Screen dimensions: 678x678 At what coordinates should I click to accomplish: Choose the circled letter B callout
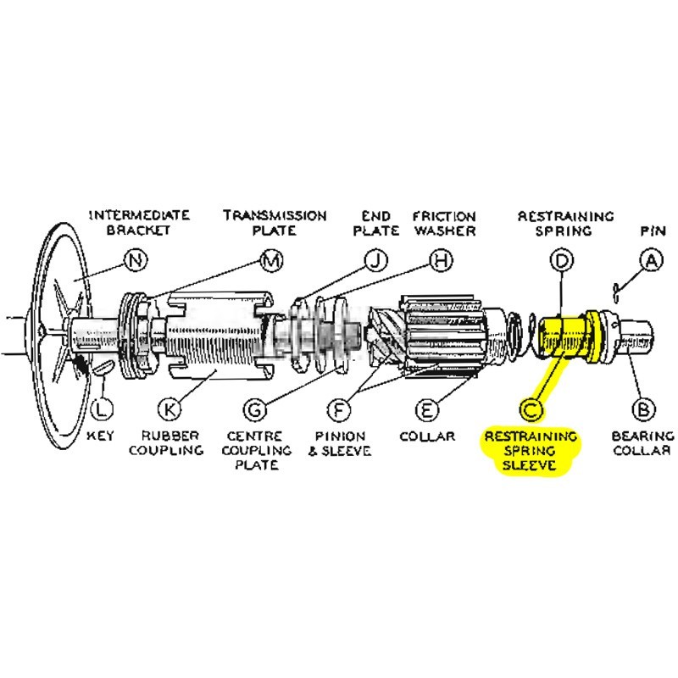[x=644, y=409]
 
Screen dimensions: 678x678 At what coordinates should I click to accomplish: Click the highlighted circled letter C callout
[x=531, y=409]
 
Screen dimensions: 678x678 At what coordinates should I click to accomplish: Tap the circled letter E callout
[x=426, y=409]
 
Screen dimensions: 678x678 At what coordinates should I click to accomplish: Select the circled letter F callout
[x=339, y=409]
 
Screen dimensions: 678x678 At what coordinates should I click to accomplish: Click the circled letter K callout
[x=170, y=409]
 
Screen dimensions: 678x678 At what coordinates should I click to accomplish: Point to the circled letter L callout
[x=101, y=409]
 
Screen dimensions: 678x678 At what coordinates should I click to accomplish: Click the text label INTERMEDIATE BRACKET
[x=139, y=223]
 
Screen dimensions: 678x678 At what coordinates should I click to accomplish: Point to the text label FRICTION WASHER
[x=443, y=223]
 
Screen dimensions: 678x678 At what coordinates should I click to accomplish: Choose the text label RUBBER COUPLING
[x=166, y=443]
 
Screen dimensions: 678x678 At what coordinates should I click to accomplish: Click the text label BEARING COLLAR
[x=641, y=443]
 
